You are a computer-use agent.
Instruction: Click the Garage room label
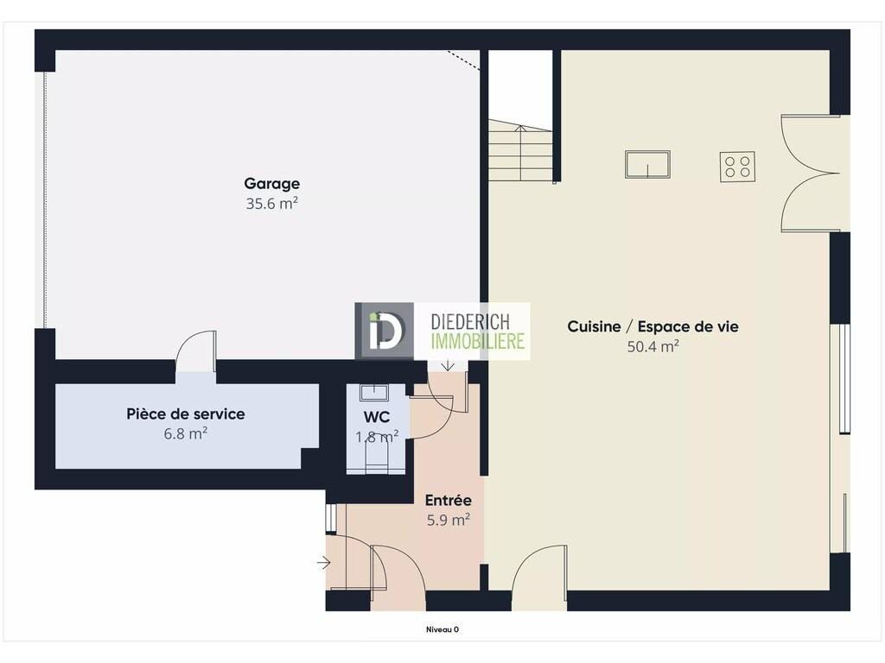[x=271, y=184]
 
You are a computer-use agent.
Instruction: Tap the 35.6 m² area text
[x=271, y=204]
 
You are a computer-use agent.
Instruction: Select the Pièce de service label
[x=186, y=414]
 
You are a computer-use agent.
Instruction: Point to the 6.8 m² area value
[x=186, y=433]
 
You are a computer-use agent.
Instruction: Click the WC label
[x=377, y=417]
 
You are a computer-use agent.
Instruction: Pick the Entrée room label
[x=449, y=500]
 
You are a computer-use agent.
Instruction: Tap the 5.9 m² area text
[x=449, y=520]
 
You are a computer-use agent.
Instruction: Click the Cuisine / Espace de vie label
[x=653, y=326]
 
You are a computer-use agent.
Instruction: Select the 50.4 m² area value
[x=653, y=346]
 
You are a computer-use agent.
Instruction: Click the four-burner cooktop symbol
[x=738, y=167]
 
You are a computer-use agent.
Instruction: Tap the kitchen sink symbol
[x=647, y=164]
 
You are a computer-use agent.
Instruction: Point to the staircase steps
[x=520, y=150]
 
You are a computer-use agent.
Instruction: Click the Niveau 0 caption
[x=442, y=629]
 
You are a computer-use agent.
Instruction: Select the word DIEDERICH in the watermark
[x=470, y=322]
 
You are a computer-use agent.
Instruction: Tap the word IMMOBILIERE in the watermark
[x=477, y=341]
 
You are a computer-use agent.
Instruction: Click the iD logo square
[x=384, y=331]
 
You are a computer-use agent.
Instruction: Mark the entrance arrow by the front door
[x=323, y=562]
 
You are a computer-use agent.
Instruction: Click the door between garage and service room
[x=196, y=352]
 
